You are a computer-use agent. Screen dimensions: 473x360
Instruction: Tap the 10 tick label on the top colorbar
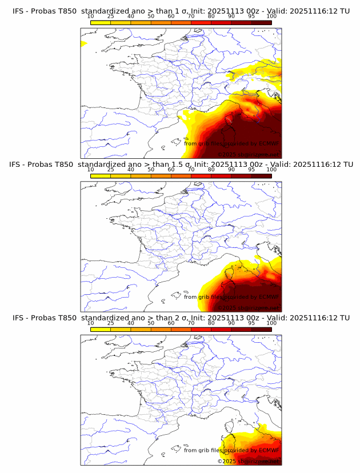point(91,16)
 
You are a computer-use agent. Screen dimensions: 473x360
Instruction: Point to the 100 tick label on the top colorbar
point(271,16)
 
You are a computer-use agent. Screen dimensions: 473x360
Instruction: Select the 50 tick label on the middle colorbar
point(151,170)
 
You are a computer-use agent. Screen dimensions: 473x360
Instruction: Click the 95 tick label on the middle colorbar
point(251,170)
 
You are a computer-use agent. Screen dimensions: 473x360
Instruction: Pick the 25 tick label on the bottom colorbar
point(111,323)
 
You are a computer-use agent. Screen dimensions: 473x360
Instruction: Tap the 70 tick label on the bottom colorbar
point(191,323)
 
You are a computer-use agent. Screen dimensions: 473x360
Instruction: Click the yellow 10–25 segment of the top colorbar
point(101,22)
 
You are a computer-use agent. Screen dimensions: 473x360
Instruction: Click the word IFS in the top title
point(18,10)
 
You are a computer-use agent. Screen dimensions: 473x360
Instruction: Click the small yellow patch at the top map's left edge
point(83,43)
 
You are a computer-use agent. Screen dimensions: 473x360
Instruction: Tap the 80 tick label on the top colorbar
point(211,16)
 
